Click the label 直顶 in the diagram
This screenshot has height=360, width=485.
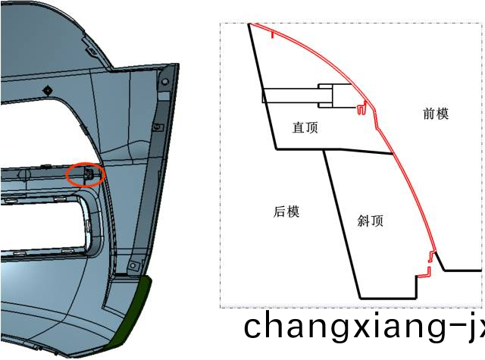tap(305, 127)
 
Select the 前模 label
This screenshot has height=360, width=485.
tap(436, 114)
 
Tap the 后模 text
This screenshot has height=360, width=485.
tap(286, 212)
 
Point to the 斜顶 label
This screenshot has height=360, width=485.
tap(371, 221)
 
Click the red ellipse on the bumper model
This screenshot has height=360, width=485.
tap(86, 175)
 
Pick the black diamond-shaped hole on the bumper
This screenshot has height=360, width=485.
tap(48, 91)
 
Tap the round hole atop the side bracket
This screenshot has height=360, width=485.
tap(165, 82)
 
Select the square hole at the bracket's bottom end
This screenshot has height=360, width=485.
tap(133, 265)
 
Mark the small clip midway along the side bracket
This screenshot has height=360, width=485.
tap(158, 127)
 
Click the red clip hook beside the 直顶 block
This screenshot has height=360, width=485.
tap(361, 108)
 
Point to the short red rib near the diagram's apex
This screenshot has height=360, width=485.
tap(273, 34)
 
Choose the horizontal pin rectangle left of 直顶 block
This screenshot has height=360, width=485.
tap(291, 96)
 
